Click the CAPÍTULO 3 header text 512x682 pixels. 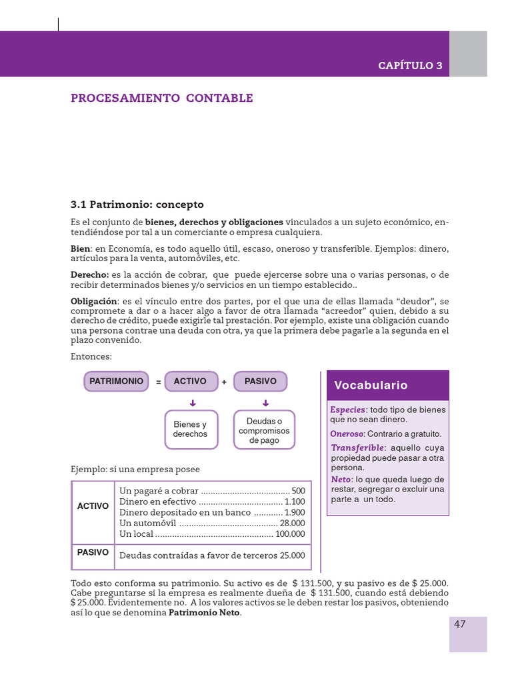[x=410, y=65]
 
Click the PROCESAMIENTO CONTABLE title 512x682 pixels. [x=162, y=99]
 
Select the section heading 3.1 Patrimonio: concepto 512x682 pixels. [x=137, y=204]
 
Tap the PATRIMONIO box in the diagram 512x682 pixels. [x=117, y=382]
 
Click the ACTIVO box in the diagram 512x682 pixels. [x=191, y=382]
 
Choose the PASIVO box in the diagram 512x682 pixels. [x=261, y=382]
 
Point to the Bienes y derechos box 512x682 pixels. [x=191, y=430]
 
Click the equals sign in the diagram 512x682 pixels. [x=158, y=382]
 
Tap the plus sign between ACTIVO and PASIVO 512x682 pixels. [x=224, y=382]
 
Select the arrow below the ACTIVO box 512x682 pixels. [x=192, y=402]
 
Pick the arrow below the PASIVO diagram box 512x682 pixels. [x=265, y=402]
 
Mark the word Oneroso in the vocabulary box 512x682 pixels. [x=345, y=434]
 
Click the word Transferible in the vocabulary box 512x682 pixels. [x=358, y=448]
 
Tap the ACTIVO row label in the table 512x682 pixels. [x=93, y=506]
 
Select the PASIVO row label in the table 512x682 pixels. [x=93, y=553]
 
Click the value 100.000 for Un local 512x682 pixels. [x=290, y=534]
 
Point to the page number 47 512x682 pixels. [x=460, y=624]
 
